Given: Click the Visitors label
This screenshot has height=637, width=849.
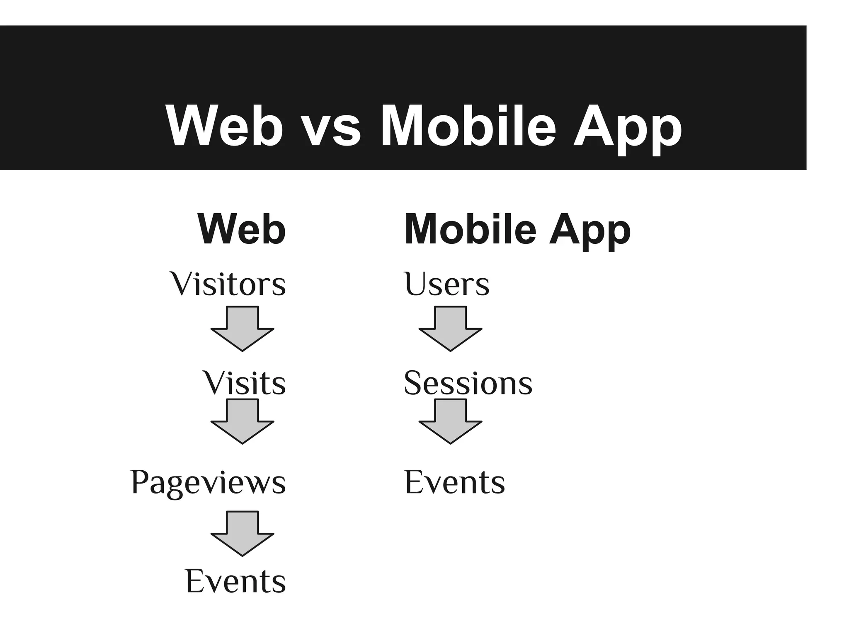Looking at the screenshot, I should pos(228,284).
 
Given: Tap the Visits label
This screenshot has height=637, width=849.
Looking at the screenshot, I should pos(244,383).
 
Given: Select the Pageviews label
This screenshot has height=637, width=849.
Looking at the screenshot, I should pos(208,483).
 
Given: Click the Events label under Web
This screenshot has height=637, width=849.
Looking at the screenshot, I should pos(235,581).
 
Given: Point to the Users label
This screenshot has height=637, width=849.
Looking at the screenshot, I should pos(446,284).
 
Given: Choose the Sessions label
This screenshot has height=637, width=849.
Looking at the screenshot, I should pos(468,383).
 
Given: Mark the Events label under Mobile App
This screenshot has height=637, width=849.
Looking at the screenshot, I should pos(454,482).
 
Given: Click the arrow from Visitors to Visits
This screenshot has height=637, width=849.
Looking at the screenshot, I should pos(243,330).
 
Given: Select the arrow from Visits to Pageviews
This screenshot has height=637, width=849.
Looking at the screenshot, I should pos(243,422).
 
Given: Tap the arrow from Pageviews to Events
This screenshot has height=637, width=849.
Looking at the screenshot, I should pos(243,534).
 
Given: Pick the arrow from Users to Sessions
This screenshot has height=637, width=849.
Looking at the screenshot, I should pos(450,330).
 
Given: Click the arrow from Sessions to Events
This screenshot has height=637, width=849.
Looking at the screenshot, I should pos(450,422).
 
